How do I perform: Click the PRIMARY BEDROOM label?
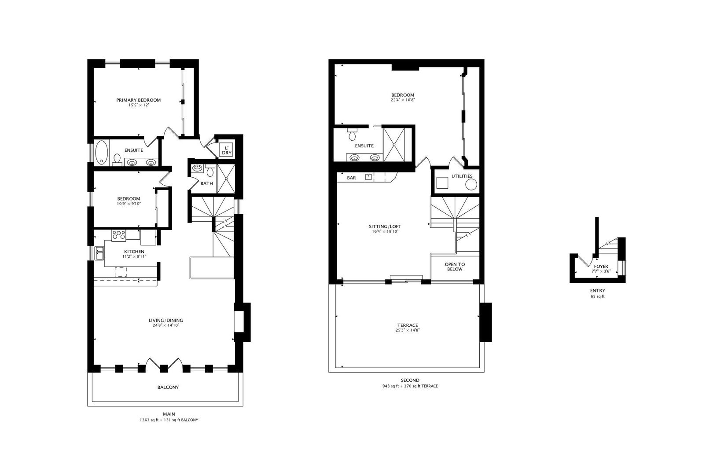(x=138, y=100)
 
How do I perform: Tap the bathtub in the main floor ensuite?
(x=101, y=152)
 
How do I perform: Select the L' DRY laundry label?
(x=226, y=150)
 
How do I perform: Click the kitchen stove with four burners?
(x=119, y=235)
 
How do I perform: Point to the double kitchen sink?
(x=99, y=253)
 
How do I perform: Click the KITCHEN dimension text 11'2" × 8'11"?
(x=134, y=256)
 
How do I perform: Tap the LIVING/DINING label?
(x=165, y=320)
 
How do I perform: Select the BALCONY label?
(x=168, y=387)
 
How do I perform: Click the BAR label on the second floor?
(x=351, y=178)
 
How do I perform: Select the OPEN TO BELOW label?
(x=455, y=267)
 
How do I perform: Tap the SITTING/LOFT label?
(x=385, y=227)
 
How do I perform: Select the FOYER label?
(x=601, y=267)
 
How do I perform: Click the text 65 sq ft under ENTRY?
(x=598, y=296)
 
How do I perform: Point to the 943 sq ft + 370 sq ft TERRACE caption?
(x=410, y=386)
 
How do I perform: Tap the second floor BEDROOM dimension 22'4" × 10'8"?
(x=403, y=100)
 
